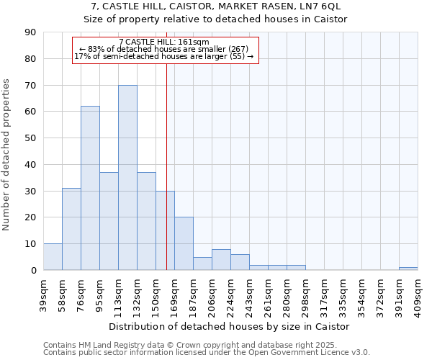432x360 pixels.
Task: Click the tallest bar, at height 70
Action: click(x=127, y=178)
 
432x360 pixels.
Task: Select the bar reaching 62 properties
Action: click(x=90, y=188)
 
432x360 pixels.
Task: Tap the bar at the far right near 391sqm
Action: click(x=408, y=269)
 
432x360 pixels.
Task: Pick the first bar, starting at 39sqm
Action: click(x=53, y=257)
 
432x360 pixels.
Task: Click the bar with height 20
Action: click(x=184, y=243)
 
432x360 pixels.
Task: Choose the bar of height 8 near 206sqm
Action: click(x=221, y=260)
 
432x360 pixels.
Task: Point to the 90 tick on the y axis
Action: click(x=30, y=32)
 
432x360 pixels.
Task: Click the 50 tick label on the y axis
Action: click(x=30, y=138)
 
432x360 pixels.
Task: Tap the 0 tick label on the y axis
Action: click(x=33, y=271)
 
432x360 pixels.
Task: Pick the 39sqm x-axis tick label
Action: click(x=44, y=293)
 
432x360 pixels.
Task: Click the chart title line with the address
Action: click(x=215, y=6)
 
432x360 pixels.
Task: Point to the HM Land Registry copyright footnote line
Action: click(x=206, y=345)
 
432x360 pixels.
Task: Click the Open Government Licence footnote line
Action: click(x=206, y=352)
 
